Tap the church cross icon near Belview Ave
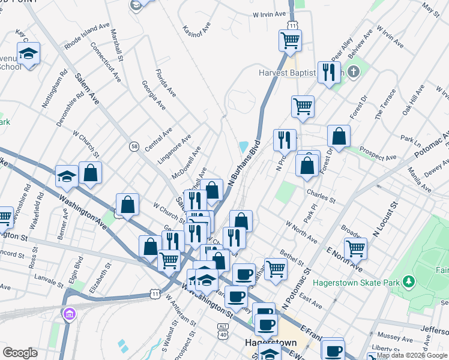point(354,73)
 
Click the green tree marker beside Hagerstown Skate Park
point(409,281)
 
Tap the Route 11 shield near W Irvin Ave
point(292,25)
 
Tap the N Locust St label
point(385,218)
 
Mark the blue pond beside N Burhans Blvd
point(244,147)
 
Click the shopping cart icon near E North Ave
point(355,247)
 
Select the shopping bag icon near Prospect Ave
point(339,136)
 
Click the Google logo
point(20,353)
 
